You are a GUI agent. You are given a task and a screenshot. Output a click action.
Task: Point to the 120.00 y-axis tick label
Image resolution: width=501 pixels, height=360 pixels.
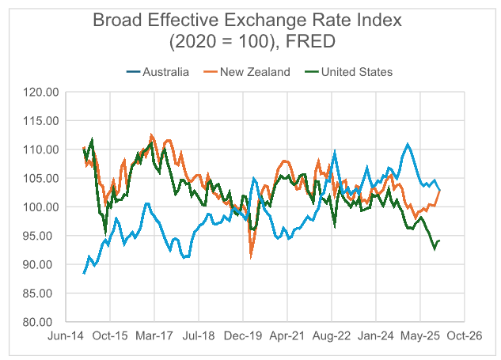click(x=41, y=93)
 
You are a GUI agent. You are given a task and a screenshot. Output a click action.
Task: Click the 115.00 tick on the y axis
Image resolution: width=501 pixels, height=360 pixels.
click(x=41, y=121)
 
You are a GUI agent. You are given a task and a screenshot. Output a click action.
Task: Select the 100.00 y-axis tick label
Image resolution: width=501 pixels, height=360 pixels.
click(x=41, y=207)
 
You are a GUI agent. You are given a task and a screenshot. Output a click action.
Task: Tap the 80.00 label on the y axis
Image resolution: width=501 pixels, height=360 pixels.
click(x=43, y=322)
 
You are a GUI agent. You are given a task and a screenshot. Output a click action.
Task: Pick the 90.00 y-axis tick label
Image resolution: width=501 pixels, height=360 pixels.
click(x=43, y=264)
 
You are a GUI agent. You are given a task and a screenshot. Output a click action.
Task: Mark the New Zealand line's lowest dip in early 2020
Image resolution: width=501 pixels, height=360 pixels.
click(x=251, y=256)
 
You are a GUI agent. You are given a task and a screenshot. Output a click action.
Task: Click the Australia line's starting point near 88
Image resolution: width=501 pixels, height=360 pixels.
click(x=84, y=273)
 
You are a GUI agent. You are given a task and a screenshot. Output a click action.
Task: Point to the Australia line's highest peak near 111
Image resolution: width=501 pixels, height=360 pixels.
click(x=408, y=144)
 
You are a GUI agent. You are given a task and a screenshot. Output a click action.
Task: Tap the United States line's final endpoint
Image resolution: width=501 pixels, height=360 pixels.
click(x=439, y=241)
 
